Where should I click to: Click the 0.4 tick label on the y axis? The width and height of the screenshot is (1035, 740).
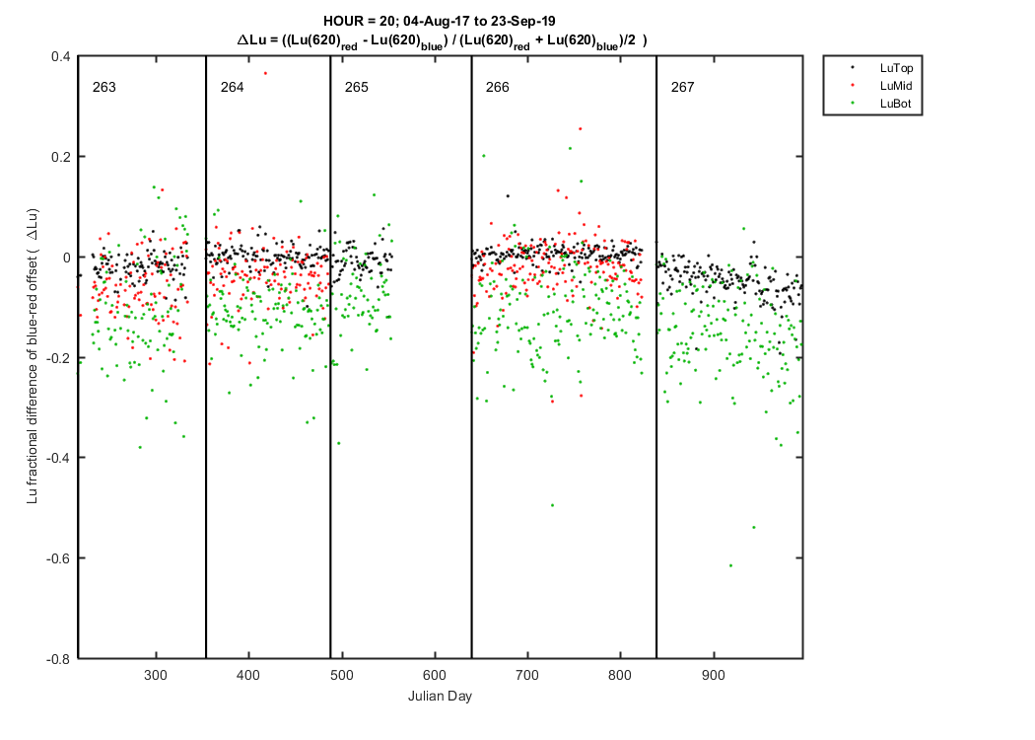pos(61,57)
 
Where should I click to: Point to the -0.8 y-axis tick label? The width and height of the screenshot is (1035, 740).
pos(58,659)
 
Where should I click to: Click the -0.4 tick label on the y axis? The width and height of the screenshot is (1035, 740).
pos(58,458)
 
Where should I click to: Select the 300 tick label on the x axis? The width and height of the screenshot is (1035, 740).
pos(156,675)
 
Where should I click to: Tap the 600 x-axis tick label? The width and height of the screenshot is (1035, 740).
pos(435,675)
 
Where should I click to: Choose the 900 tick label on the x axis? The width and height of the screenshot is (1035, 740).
pos(714,675)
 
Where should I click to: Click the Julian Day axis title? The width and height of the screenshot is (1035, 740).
pos(440,697)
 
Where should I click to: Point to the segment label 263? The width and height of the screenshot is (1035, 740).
pos(104,87)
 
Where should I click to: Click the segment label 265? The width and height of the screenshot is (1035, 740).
pos(357,87)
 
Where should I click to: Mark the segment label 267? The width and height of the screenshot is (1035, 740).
pos(682,87)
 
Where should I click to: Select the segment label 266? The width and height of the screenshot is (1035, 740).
pos(497,87)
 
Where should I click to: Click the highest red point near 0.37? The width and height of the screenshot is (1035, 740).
pos(265,73)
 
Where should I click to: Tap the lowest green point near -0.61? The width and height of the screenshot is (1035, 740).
pos(730,565)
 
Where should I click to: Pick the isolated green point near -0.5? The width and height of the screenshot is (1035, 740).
pos(552,505)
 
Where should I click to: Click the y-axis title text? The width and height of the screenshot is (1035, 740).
pos(33,356)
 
